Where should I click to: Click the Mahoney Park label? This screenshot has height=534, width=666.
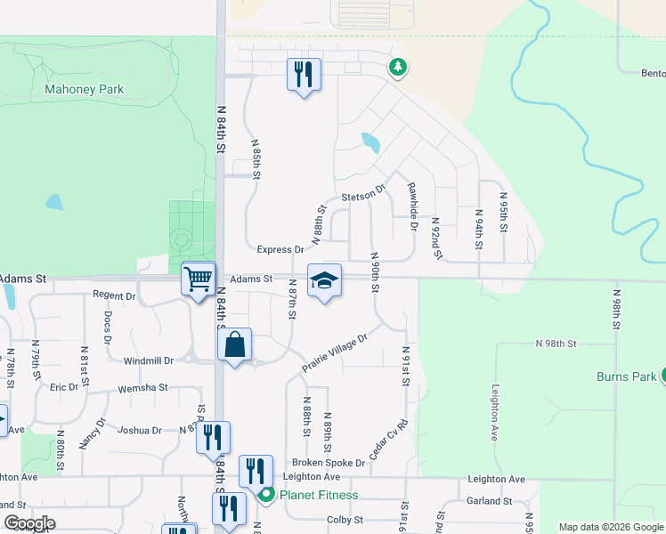click(84, 89)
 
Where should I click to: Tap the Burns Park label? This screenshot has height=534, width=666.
click(626, 376)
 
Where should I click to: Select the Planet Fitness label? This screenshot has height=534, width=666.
click(318, 496)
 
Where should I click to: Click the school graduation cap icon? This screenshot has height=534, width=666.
click(324, 281)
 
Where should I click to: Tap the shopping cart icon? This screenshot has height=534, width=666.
click(198, 278)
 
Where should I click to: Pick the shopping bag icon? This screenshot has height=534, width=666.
click(234, 345)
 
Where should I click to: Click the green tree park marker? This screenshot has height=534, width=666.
click(398, 67)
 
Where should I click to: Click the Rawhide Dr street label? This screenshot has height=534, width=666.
click(412, 206)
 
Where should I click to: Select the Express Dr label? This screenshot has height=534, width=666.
click(280, 250)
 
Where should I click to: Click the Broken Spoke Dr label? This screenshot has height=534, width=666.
click(329, 463)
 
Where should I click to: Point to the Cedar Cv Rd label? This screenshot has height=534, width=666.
click(387, 440)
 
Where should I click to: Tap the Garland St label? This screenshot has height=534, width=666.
click(489, 501)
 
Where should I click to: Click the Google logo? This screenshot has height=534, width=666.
click(29, 523)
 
